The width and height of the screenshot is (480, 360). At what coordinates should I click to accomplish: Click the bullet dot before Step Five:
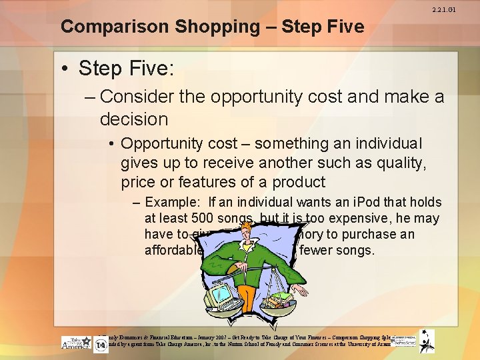67,69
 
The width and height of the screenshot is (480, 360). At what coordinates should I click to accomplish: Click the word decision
133,119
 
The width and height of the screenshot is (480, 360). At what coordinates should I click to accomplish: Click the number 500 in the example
203,218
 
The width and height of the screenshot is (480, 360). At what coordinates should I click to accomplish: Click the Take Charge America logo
75,341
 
